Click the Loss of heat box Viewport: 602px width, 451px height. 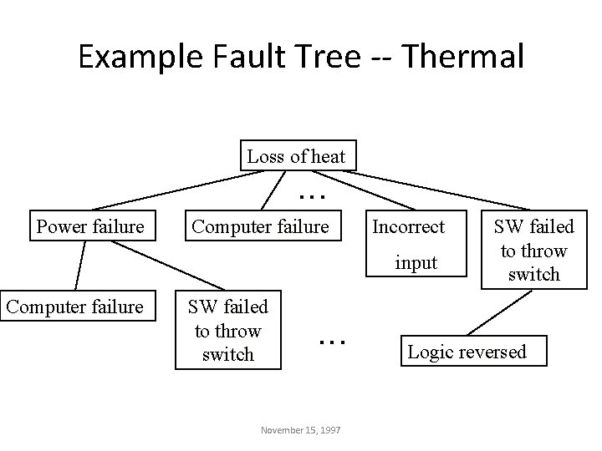click(x=296, y=155)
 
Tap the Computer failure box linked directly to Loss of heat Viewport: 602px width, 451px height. click(x=260, y=225)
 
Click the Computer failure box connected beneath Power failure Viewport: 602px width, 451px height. click(x=74, y=307)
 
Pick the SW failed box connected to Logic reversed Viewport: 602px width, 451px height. click(x=533, y=250)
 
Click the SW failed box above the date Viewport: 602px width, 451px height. click(x=227, y=331)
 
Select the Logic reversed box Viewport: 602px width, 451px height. click(x=467, y=351)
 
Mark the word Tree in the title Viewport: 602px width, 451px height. click(x=326, y=56)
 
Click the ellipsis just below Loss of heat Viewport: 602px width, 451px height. click(x=311, y=194)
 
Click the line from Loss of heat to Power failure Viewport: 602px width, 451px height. click(x=176, y=190)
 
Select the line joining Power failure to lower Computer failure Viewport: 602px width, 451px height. click(x=80, y=266)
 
